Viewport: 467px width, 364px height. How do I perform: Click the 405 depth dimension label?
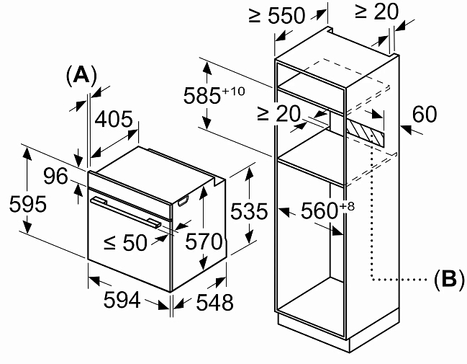click(114, 120)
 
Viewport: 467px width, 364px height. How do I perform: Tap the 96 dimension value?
click(55, 176)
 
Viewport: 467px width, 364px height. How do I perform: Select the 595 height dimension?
click(28, 204)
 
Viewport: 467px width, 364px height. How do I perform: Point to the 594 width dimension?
click(122, 300)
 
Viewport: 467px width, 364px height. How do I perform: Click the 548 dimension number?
click(214, 302)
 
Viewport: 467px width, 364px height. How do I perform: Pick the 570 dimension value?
click(204, 241)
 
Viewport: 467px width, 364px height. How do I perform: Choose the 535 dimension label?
click(249, 211)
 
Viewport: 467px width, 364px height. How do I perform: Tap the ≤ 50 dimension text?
click(125, 242)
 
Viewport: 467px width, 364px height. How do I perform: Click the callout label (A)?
click(81, 74)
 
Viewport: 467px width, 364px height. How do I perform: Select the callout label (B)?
click(449, 280)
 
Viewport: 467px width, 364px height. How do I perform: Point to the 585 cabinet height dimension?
click(202, 96)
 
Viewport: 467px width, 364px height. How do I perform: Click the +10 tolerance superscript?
click(234, 91)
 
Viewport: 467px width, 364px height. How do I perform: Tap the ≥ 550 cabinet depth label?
click(277, 16)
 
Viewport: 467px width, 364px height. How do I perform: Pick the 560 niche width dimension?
click(319, 210)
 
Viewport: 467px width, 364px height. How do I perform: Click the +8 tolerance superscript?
click(347, 206)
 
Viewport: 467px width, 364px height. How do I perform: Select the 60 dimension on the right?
click(425, 114)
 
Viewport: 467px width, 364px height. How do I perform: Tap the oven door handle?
click(125, 212)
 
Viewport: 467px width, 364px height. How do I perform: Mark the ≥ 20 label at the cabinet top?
click(376, 12)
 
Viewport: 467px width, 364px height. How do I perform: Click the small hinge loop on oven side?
click(183, 201)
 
